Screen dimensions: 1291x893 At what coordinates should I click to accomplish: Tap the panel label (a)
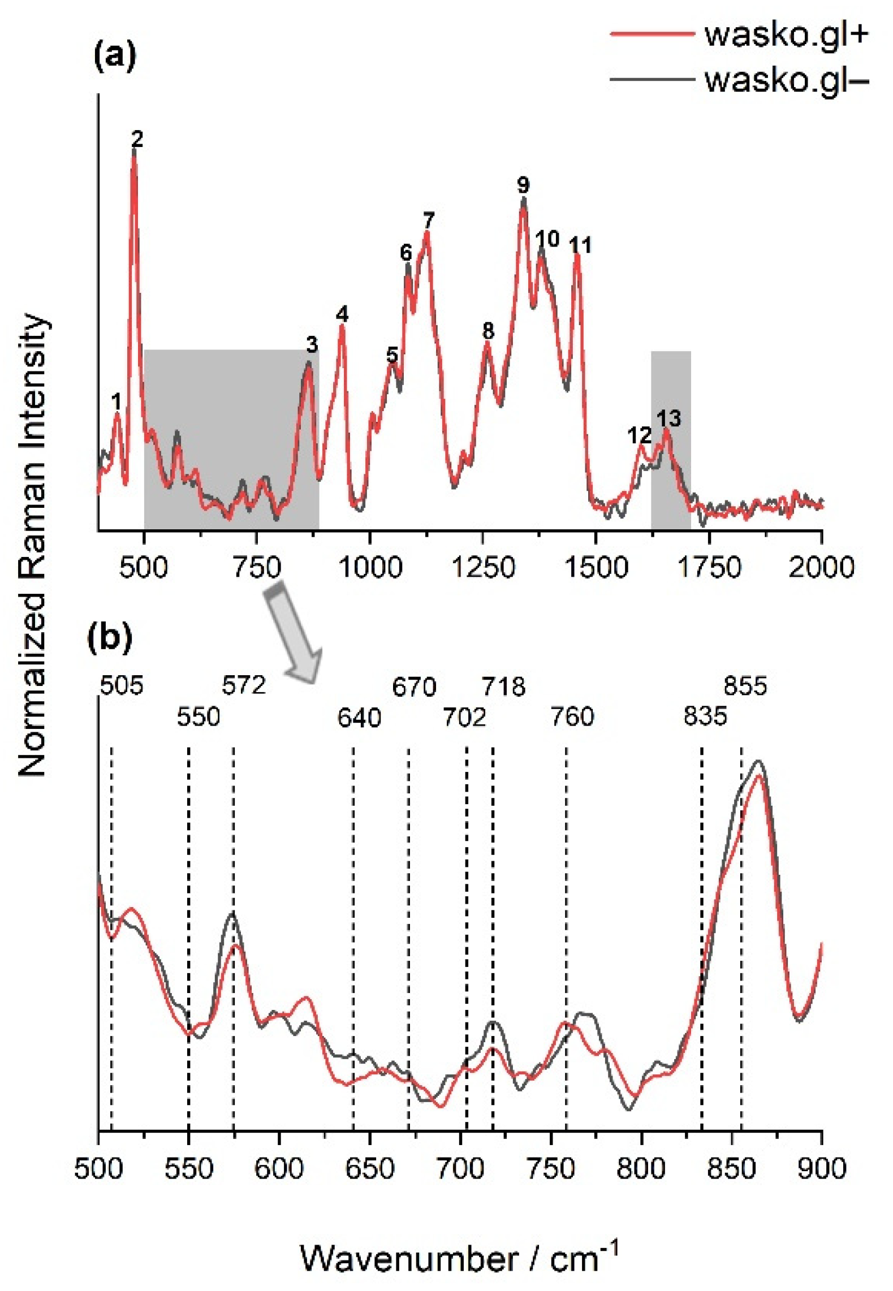(x=115, y=57)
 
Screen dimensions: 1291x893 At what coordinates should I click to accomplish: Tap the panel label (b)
(x=110, y=637)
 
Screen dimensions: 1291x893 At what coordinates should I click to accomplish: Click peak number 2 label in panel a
(x=137, y=139)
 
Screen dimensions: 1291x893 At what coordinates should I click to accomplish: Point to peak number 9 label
(x=523, y=185)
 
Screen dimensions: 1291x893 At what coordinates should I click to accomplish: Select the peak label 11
(x=580, y=245)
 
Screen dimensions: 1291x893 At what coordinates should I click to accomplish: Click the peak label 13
(x=668, y=418)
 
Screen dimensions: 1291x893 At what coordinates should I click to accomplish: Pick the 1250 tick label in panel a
(x=483, y=567)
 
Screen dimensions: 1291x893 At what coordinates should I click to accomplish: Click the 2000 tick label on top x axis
(x=821, y=567)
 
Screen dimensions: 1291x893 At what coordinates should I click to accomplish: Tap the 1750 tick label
(x=709, y=567)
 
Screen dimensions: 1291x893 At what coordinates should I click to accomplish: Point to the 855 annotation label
(x=745, y=686)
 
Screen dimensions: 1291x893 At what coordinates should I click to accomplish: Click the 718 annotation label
(x=503, y=687)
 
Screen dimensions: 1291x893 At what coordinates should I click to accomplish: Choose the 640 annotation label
(x=359, y=718)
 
